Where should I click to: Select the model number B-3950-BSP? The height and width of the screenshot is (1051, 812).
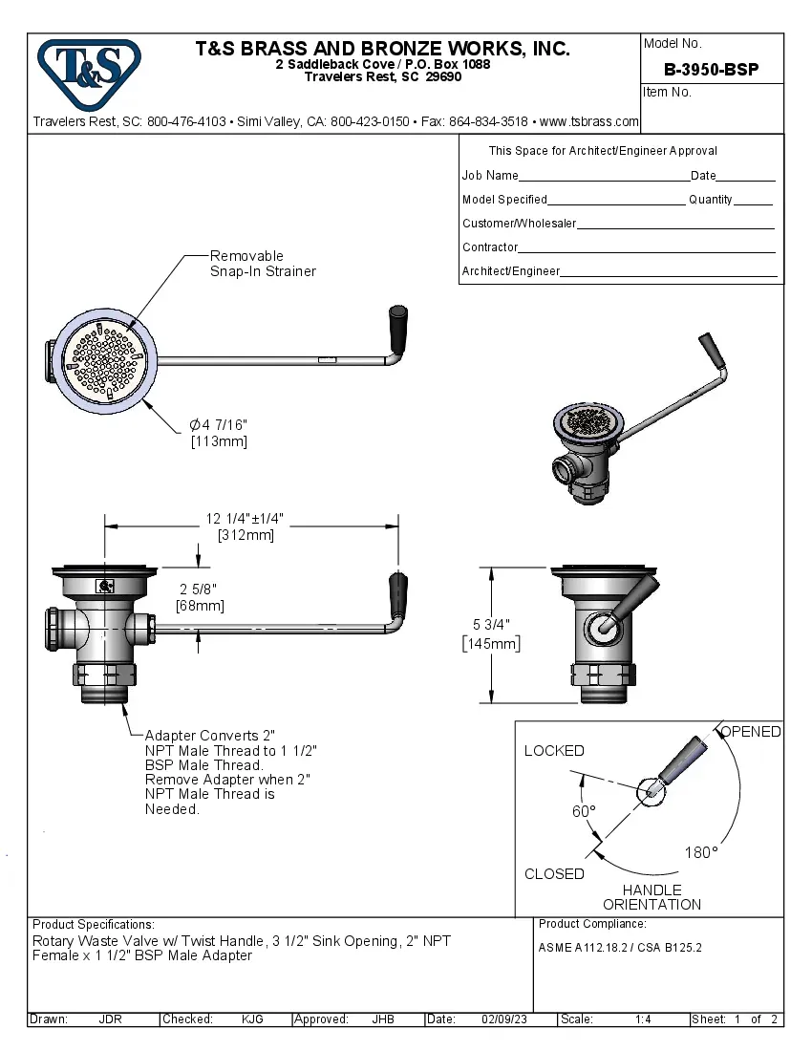(711, 70)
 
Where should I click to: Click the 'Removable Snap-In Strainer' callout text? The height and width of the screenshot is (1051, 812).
(262, 264)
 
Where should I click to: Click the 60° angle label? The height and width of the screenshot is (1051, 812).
(584, 811)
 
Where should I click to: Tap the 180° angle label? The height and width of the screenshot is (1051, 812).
(700, 852)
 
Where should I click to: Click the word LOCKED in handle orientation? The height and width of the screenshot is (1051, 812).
(554, 751)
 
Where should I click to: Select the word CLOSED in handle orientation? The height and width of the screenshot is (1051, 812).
(554, 873)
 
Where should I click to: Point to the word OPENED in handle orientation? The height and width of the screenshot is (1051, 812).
(751, 732)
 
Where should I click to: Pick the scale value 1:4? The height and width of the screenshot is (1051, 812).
(643, 1019)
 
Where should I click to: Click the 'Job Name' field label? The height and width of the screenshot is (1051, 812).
(490, 176)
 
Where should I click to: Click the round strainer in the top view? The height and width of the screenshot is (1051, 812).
(104, 361)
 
